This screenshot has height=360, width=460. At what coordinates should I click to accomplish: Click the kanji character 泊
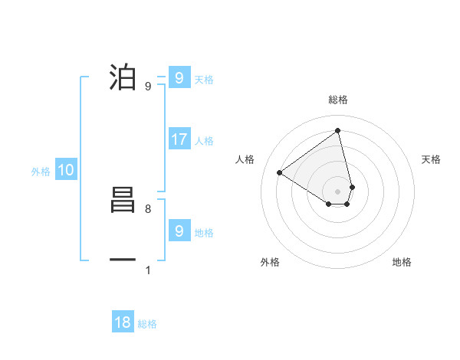click(123, 78)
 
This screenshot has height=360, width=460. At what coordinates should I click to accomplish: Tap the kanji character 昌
click(123, 201)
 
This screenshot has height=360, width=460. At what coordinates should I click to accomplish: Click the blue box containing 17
click(179, 139)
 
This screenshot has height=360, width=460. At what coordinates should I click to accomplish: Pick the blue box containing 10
click(66, 170)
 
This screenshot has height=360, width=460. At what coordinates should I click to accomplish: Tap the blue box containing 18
click(123, 322)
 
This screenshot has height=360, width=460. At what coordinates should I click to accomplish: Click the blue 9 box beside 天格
click(179, 78)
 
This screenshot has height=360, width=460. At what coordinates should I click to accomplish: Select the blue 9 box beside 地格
click(179, 231)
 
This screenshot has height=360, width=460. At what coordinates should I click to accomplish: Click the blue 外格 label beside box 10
click(41, 172)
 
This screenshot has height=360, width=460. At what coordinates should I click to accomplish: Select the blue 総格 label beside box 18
click(147, 324)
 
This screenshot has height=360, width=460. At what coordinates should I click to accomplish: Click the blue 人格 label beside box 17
click(204, 141)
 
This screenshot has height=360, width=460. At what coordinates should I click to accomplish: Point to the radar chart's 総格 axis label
click(338, 100)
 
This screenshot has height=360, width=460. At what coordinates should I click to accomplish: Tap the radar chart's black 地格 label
click(402, 262)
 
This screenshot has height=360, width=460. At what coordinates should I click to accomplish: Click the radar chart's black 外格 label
click(270, 262)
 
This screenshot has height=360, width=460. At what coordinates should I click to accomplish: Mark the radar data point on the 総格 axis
click(338, 130)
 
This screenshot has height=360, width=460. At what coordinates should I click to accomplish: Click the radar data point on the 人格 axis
click(280, 172)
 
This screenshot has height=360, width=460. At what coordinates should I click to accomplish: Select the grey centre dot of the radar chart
click(338, 191)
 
